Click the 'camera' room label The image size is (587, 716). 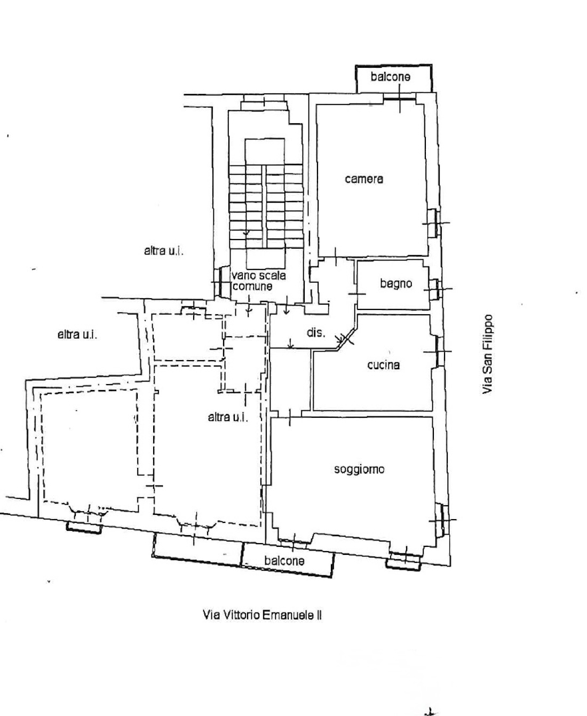(x=363, y=179)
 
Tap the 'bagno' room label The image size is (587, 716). (x=396, y=283)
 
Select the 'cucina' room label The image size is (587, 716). (x=383, y=365)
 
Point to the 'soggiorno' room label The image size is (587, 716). (x=359, y=469)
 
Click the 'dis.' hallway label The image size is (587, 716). (x=316, y=332)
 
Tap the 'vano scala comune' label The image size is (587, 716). (x=259, y=281)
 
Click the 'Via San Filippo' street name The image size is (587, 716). (x=487, y=354)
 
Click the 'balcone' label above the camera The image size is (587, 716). (x=391, y=77)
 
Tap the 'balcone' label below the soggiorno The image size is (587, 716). (x=284, y=561)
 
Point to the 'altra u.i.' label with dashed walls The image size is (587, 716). (x=228, y=417)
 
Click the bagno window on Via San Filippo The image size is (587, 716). (x=436, y=289)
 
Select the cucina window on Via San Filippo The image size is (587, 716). (x=439, y=352)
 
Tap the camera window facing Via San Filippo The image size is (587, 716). (x=436, y=223)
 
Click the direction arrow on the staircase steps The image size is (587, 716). (x=246, y=234)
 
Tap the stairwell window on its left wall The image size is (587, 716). (x=218, y=282)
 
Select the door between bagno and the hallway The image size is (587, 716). (x=356, y=293)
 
